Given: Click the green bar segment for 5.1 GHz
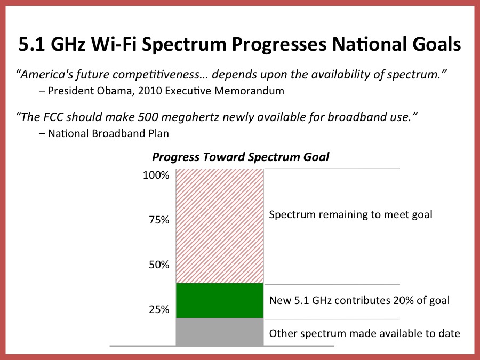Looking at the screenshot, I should click(x=220, y=300).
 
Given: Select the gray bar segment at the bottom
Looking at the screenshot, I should click(x=220, y=332).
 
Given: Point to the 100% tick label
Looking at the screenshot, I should click(x=156, y=175).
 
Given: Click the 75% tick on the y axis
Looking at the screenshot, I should click(x=158, y=220).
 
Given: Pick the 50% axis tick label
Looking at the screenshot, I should click(x=158, y=265).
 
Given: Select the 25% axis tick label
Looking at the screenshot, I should click(x=158, y=309).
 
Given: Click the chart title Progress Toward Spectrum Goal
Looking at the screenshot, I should click(x=241, y=157).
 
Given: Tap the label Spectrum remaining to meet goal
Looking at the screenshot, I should click(x=350, y=215).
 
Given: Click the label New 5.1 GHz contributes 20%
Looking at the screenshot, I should click(x=359, y=300).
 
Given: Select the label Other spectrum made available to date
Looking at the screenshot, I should click(x=364, y=334).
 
